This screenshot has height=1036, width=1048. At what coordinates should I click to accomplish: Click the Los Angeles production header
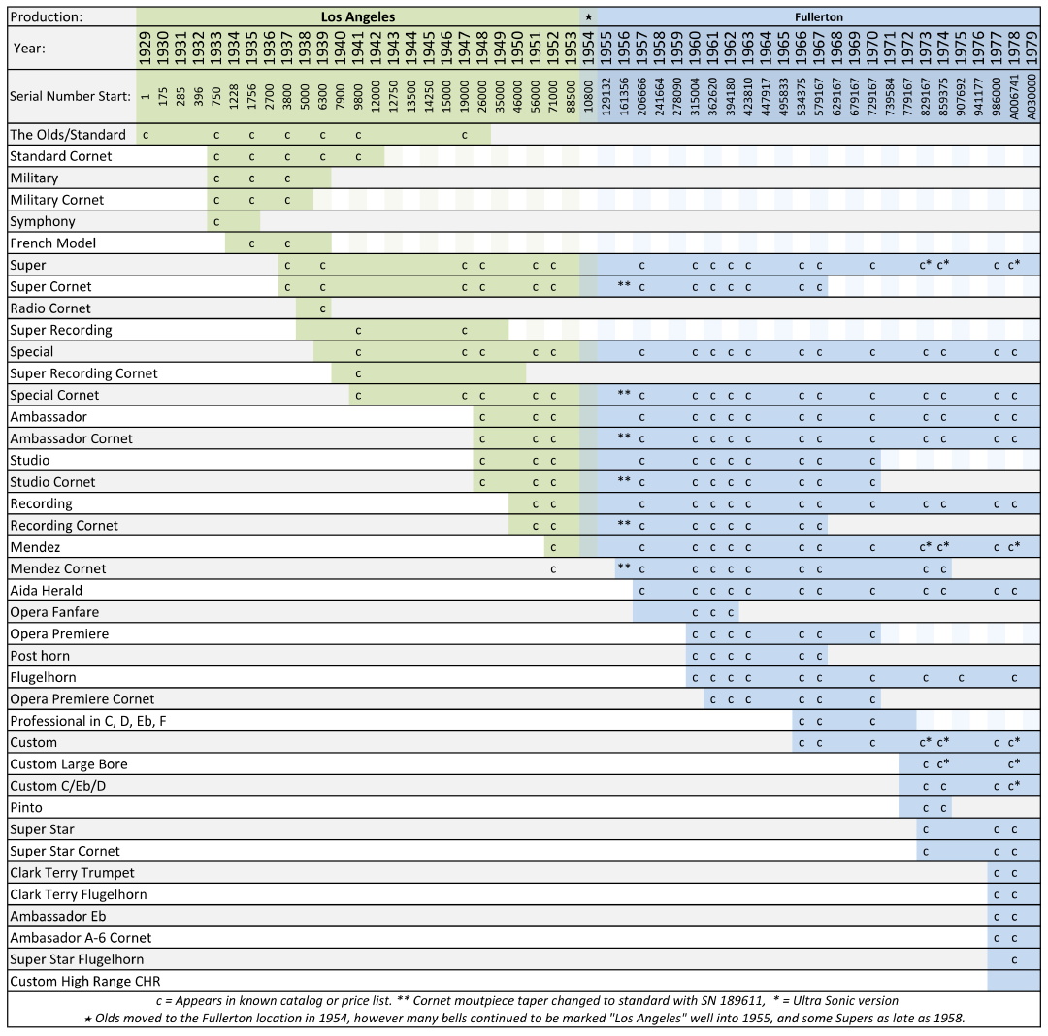point(358,16)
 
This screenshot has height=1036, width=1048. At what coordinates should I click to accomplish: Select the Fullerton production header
point(820,16)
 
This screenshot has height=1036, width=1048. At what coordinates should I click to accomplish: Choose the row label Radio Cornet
point(50,308)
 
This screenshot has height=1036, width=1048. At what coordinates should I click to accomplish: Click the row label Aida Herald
point(46,590)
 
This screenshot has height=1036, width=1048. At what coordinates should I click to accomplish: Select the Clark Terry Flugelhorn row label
point(79,894)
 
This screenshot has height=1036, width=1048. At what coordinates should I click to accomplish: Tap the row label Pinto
point(26,807)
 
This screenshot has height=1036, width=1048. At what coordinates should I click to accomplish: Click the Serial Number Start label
point(70,97)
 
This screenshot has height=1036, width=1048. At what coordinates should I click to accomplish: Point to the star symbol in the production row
point(588,16)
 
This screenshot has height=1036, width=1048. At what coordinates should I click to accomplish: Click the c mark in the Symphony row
point(215,221)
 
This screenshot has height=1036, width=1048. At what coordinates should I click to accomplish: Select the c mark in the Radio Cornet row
point(322,308)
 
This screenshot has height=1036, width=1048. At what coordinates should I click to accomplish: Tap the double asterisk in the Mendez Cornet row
point(624,567)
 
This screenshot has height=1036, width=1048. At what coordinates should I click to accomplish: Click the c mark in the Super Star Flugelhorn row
point(1014,959)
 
